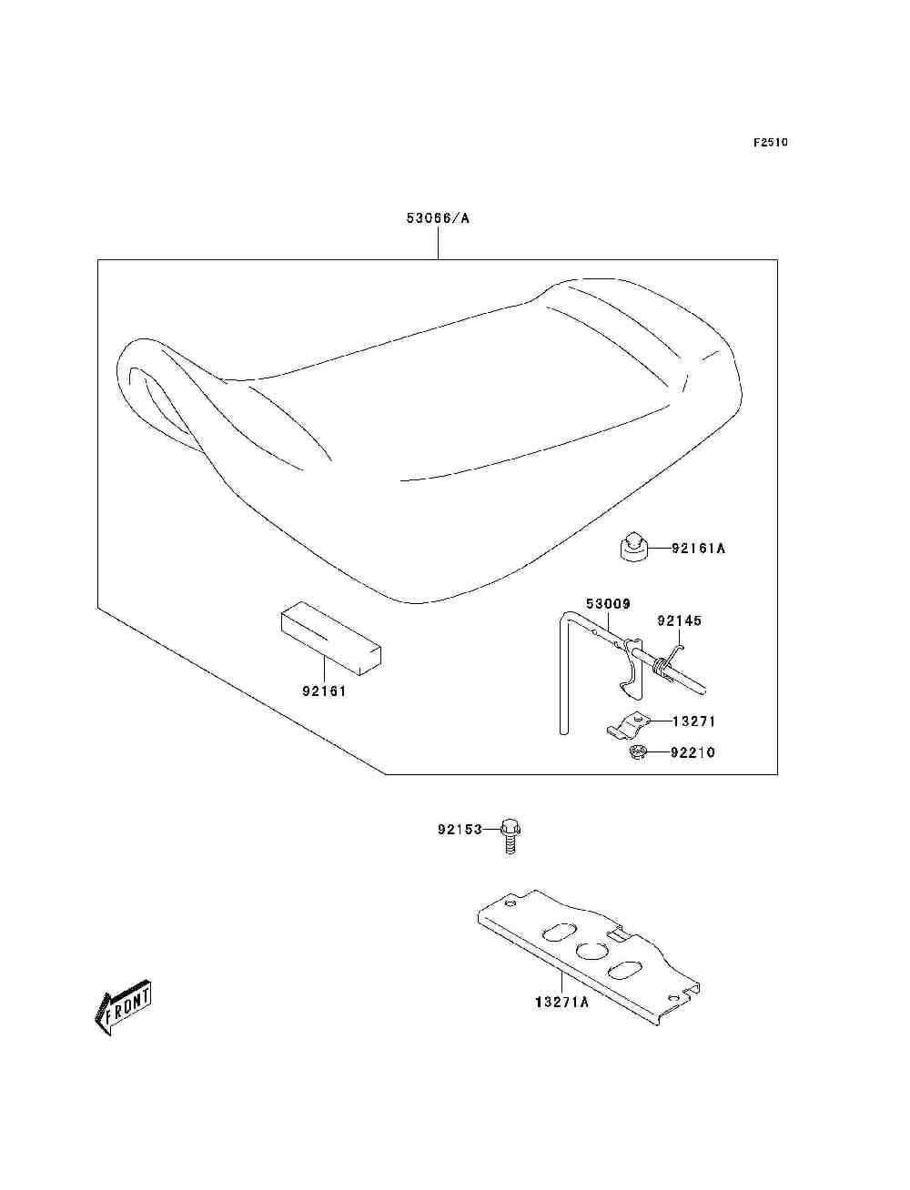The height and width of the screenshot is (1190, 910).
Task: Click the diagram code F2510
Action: coord(770,143)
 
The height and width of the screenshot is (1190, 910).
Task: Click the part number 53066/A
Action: coord(438,218)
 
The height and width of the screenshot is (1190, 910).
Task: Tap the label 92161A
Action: coord(698,548)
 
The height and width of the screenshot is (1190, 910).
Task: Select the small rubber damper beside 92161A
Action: coord(633,548)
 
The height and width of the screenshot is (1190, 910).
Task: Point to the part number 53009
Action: coord(608,604)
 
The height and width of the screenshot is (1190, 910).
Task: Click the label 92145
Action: coord(679,620)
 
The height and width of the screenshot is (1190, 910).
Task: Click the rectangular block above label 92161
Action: coord(331,638)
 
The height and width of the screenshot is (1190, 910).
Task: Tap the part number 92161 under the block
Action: coord(324,691)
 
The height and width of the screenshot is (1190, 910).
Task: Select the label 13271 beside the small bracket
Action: coord(693,721)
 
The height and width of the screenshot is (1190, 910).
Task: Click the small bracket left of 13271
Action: coord(628,725)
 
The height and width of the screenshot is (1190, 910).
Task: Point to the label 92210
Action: coord(693,752)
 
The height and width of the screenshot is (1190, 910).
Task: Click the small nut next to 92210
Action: coord(637,752)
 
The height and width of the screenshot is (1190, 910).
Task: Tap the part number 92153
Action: coord(460,830)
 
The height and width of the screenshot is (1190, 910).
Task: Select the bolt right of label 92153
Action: coord(510,837)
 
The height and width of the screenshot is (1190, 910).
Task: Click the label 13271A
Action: coord(561,1002)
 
